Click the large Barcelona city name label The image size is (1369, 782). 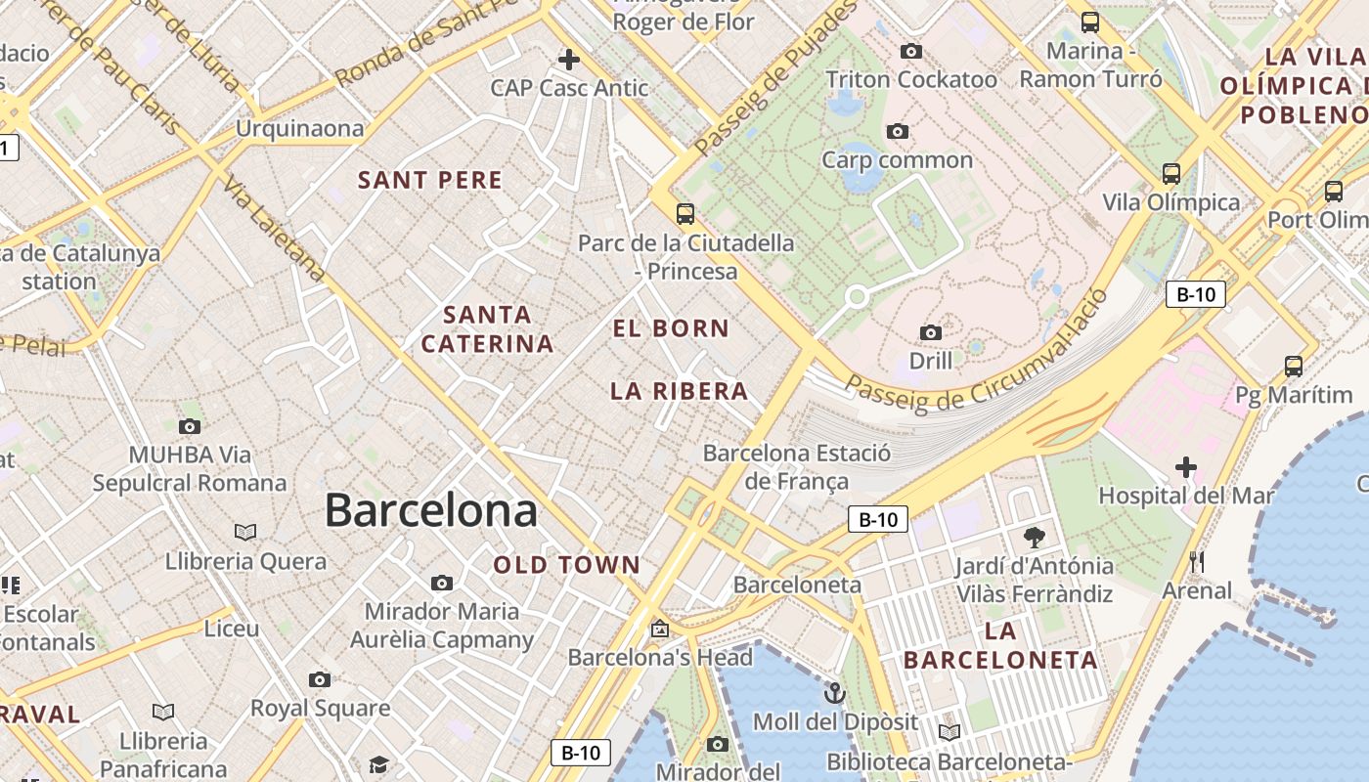pyautogui.click(x=430, y=510)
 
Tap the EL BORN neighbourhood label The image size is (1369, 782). pyautogui.click(x=671, y=328)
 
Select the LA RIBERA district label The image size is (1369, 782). pyautogui.click(x=679, y=391)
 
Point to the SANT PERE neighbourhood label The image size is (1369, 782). pyautogui.click(x=430, y=180)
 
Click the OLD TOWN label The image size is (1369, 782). pyautogui.click(x=567, y=564)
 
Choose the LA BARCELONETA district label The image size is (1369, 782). pyautogui.click(x=1000, y=645)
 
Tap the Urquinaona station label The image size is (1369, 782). pyautogui.click(x=299, y=128)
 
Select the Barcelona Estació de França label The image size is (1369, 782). pyautogui.click(x=797, y=466)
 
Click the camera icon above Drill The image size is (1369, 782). pyautogui.click(x=931, y=333)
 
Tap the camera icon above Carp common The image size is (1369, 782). pyautogui.click(x=897, y=131)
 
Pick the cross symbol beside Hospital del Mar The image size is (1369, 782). pyautogui.click(x=1186, y=467)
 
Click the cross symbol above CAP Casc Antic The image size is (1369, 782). pyautogui.click(x=568, y=60)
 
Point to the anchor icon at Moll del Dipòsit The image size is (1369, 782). pyautogui.click(x=834, y=693)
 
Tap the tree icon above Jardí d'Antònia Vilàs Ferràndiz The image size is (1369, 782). pyautogui.click(x=1034, y=537)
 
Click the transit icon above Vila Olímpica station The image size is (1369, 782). pyautogui.click(x=1170, y=174)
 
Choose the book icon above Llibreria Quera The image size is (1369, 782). pyautogui.click(x=245, y=532)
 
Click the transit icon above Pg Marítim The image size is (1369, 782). pyautogui.click(x=1294, y=367)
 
